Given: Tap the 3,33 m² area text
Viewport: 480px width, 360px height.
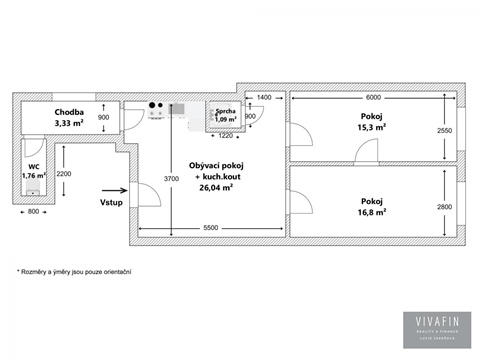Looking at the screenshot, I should coord(72,124).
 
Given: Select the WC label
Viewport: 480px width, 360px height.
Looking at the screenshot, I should coord(34,167).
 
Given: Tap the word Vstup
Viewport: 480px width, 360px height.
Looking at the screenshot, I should coord(112,201).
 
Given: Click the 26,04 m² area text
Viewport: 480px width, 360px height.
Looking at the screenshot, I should coord(216,187).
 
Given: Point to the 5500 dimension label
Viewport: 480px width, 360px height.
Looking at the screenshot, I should coord(210,229).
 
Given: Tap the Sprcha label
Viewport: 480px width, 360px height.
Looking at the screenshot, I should coord(225,111).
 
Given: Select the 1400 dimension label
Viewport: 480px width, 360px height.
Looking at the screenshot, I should coord(264,97).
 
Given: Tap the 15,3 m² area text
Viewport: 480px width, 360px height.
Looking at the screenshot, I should coord(365,129).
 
